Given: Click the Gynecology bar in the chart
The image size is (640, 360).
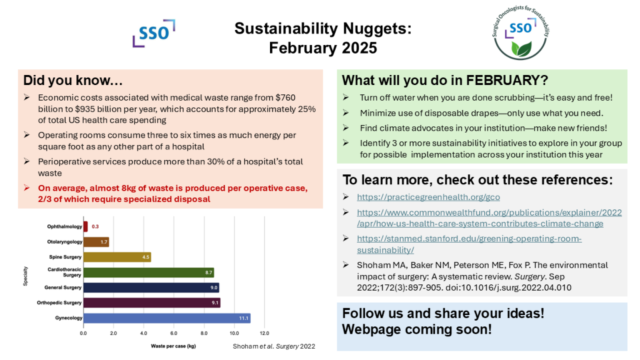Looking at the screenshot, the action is [167, 318].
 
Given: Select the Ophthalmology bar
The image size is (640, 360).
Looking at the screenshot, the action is [86, 226].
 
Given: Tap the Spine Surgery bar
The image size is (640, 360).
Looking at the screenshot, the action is [117, 257].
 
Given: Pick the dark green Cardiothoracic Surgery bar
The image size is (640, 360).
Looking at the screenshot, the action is [149, 272].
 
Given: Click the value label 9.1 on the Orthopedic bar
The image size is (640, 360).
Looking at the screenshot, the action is [215, 303].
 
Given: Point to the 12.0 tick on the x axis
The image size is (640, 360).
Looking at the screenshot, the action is [264, 334].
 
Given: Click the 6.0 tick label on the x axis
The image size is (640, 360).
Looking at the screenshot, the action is [174, 334].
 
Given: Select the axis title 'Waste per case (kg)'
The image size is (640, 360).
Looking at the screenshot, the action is [174, 346].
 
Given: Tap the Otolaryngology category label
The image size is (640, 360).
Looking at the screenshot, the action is [64, 242].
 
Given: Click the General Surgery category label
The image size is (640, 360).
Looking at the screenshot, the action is [63, 287].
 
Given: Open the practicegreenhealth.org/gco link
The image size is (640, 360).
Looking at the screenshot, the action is [429, 197].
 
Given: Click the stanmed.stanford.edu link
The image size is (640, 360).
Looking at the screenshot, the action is [469, 244].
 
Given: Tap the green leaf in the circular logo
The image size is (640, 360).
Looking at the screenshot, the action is [521, 49].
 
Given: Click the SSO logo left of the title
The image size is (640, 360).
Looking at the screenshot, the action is [154, 33].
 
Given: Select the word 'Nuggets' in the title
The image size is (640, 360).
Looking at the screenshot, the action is [375, 29].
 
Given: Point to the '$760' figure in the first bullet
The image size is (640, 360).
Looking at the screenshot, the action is [285, 97].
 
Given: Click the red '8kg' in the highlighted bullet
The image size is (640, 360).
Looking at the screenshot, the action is [131, 188].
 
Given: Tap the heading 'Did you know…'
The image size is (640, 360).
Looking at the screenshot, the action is [73, 81].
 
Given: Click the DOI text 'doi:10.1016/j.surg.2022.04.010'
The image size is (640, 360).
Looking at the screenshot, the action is [509, 287].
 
